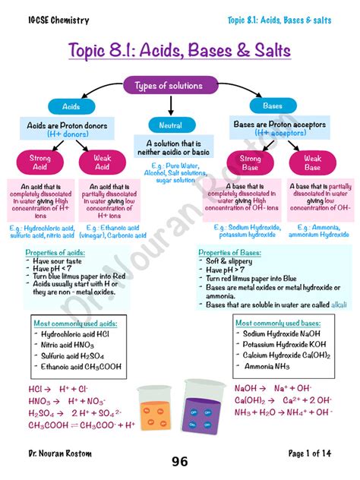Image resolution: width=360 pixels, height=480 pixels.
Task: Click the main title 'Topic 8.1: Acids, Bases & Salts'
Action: click(x=180, y=51)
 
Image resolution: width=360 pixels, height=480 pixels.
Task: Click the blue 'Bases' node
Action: click(x=272, y=106)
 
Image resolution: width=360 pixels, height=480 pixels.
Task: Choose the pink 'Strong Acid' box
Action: click(x=39, y=162)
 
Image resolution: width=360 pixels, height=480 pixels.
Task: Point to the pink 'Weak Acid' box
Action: click(x=102, y=162)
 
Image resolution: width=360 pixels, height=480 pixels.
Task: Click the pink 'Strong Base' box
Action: click(x=250, y=163)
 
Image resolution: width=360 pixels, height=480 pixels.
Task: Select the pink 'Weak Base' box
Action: click(x=312, y=163)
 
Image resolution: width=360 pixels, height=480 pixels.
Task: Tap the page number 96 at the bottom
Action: click(x=179, y=462)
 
